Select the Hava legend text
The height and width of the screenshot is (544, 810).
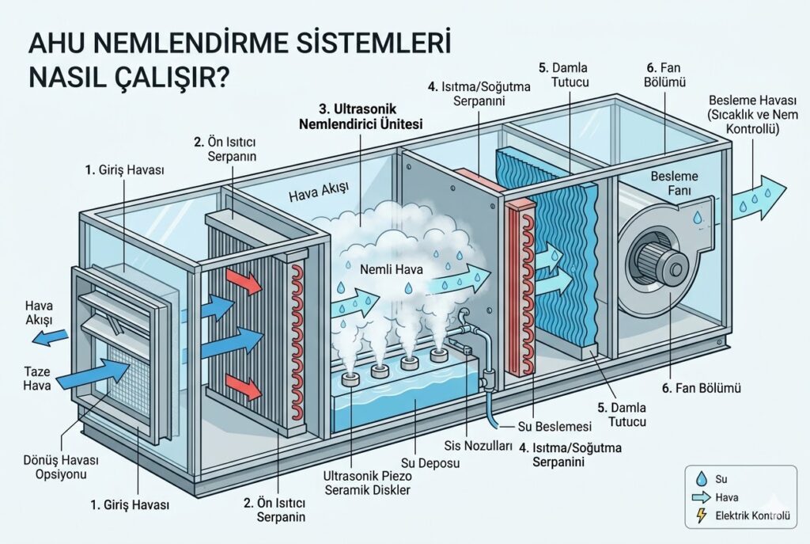point(727,498)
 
